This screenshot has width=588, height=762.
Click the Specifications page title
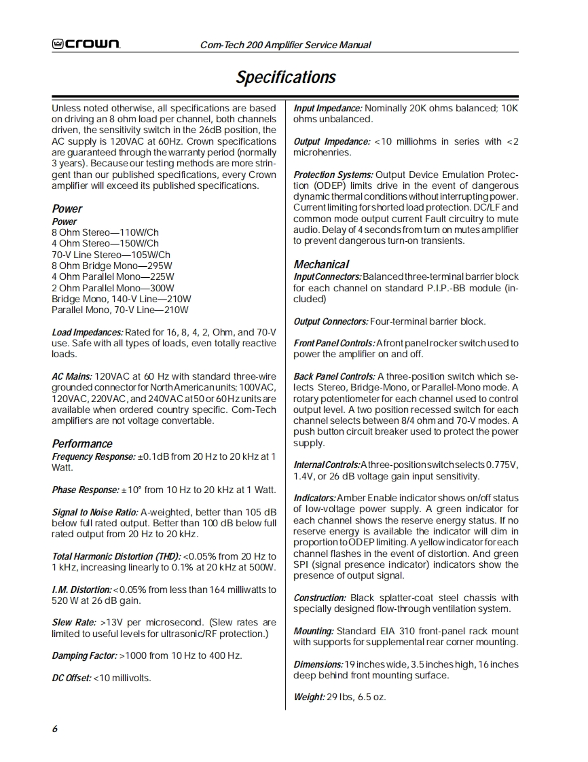tap(286, 77)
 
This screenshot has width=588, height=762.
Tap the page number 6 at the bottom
tap(54, 729)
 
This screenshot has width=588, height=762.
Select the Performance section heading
tap(82, 444)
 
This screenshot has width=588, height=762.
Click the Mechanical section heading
tap(321, 264)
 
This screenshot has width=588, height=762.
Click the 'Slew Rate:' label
tap(73, 622)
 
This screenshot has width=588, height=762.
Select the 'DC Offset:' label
tap(71, 678)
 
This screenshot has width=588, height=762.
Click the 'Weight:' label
tap(309, 697)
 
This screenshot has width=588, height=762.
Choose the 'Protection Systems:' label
tap(333, 175)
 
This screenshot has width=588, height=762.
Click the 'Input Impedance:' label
tap(328, 108)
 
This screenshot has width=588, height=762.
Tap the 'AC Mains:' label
tap(71, 376)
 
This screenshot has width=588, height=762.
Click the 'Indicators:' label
tap(314, 498)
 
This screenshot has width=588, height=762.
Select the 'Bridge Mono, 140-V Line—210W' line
tap(121, 299)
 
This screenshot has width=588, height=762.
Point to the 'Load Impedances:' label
tap(88, 332)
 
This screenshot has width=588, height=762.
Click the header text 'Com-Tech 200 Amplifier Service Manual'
tap(285, 45)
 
